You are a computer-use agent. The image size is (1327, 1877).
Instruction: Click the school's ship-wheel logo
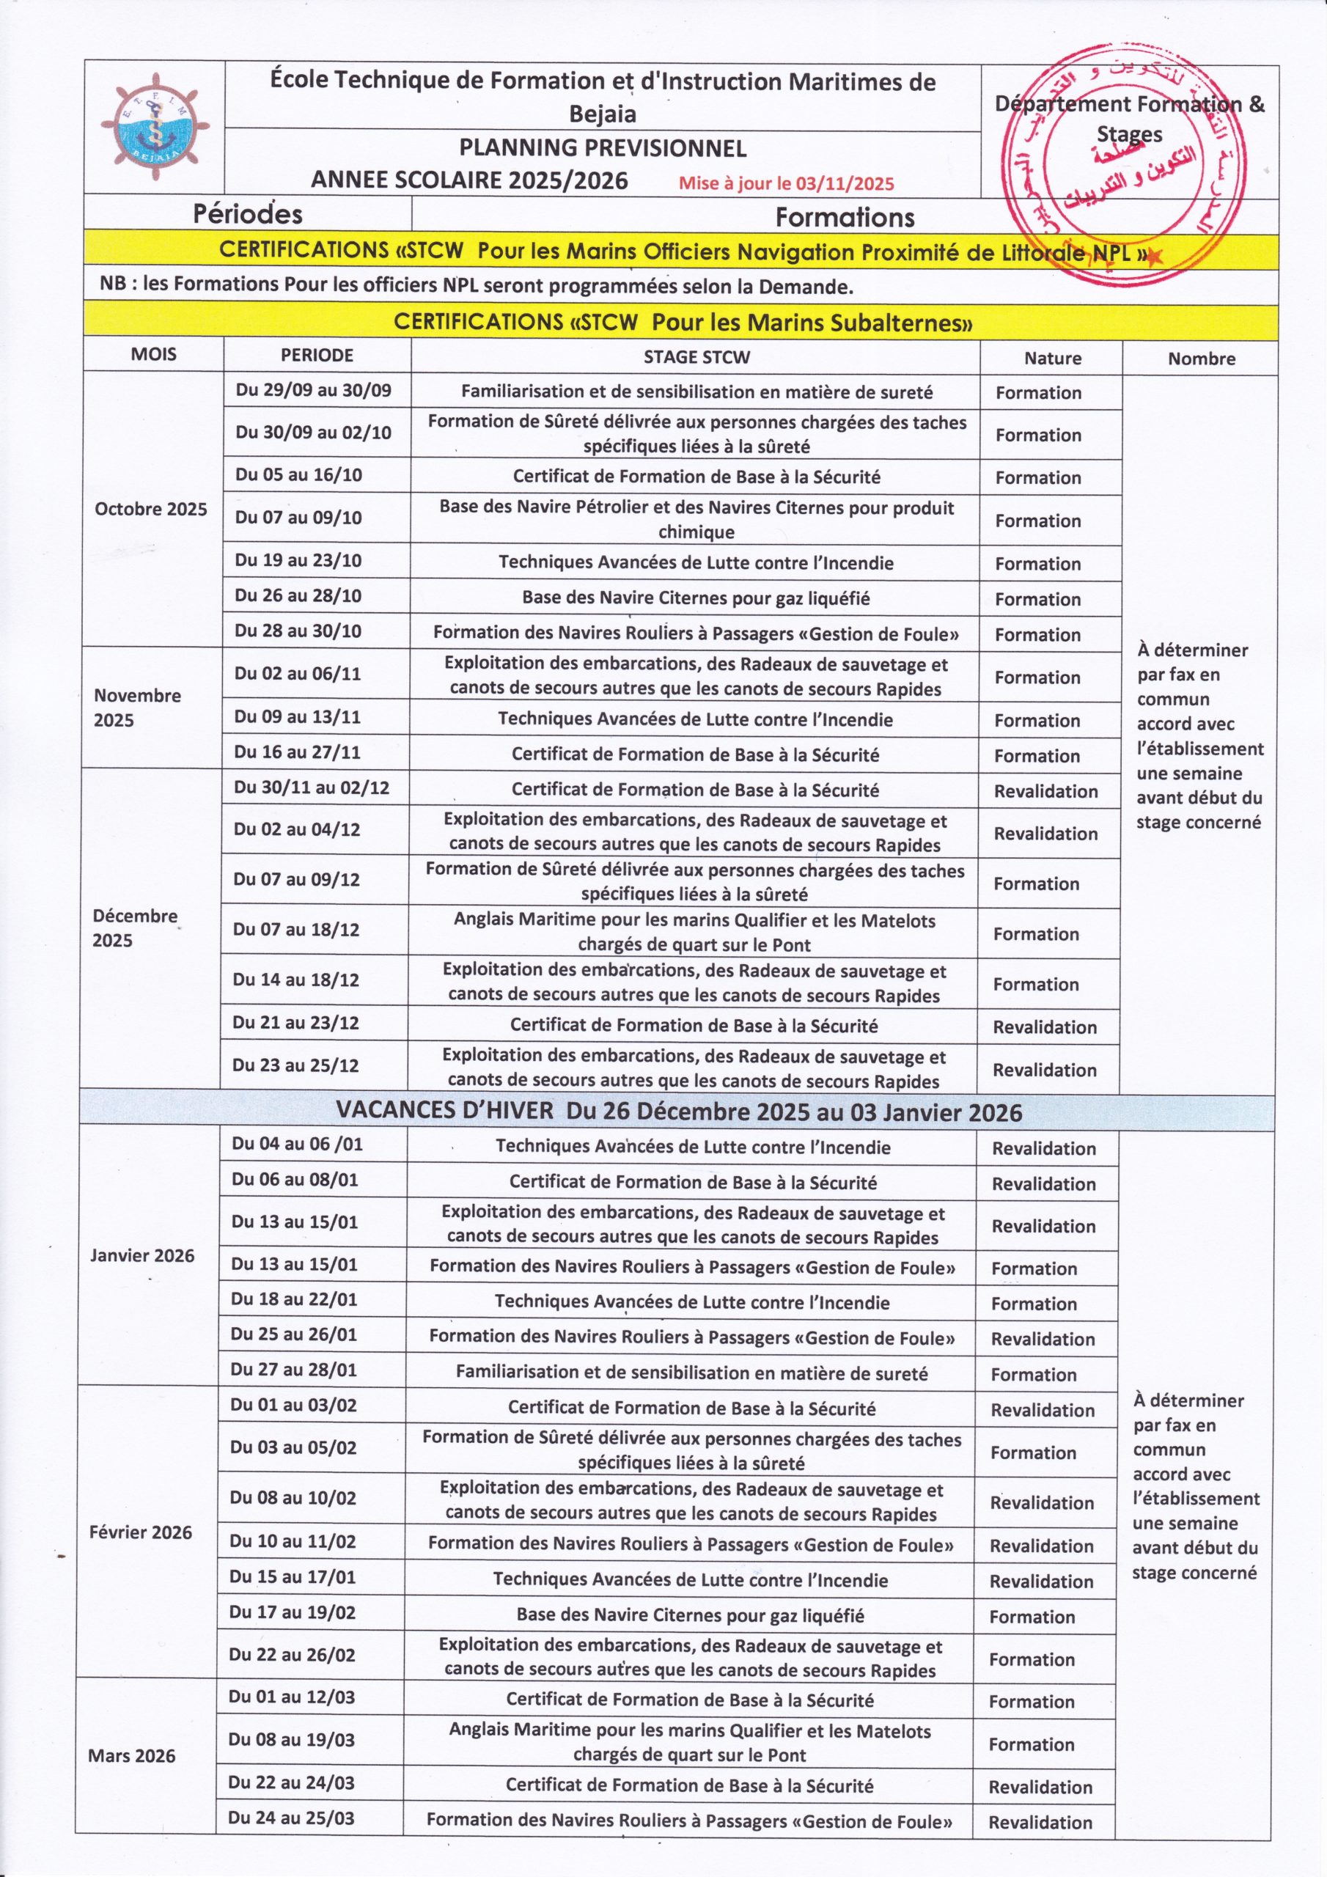coord(155,128)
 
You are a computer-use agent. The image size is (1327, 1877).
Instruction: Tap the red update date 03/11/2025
coord(845,184)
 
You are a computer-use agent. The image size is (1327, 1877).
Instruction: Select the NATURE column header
coord(1052,358)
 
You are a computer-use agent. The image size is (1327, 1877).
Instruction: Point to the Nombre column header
coord(1201,359)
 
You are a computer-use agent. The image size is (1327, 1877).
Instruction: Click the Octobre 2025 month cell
coord(151,510)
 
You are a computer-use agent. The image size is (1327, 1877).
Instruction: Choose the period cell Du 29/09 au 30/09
coord(314,390)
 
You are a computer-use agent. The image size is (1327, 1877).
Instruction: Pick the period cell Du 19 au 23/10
coord(298,561)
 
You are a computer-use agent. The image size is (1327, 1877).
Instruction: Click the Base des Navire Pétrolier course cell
coord(696,519)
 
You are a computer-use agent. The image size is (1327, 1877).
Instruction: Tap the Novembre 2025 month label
coord(137,707)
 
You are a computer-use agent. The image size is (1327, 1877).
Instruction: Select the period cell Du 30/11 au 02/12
coord(312,788)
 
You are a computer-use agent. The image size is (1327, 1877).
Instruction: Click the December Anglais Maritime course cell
coord(694,932)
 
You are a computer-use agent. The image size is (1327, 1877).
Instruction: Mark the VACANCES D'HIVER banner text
coord(680,1112)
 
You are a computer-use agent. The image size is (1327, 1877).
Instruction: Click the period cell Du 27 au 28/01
coord(294,1370)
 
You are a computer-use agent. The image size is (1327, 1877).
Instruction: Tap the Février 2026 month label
coord(141,1532)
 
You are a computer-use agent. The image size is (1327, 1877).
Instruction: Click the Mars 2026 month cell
coord(132,1756)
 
